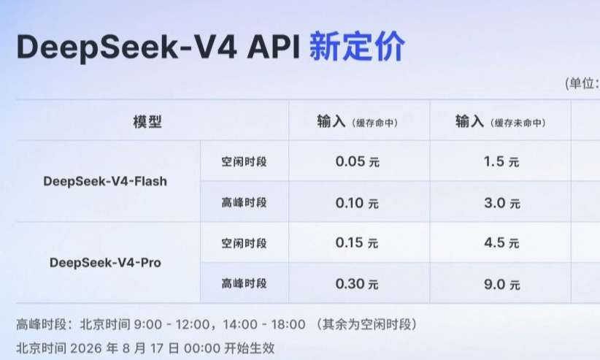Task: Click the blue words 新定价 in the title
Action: [x=357, y=47]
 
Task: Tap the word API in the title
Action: [x=273, y=47]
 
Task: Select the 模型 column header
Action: [x=147, y=122]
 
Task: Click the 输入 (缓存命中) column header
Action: [x=358, y=122]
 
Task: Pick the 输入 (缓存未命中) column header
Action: [x=501, y=122]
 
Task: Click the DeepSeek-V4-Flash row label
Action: [x=105, y=181]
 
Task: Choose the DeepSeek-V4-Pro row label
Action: [x=105, y=262]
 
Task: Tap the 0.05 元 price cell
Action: [x=358, y=161]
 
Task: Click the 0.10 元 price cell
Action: [x=357, y=202]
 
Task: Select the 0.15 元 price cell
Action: [x=357, y=242]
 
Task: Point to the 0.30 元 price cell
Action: [x=357, y=284]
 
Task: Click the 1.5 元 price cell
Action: [x=501, y=161]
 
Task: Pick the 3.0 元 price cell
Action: [x=502, y=202]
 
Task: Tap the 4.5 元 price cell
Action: [x=501, y=242]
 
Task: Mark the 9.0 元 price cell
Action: [x=502, y=284]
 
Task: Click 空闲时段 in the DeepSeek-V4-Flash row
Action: [x=244, y=161]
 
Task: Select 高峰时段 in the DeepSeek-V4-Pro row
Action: [x=244, y=283]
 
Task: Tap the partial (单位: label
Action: [x=582, y=83]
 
